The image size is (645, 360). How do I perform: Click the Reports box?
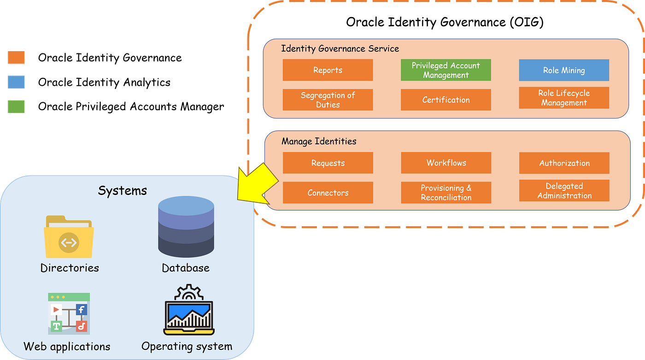point(328,70)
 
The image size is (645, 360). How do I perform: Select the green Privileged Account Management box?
point(446,70)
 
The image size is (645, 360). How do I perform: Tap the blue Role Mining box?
point(564,70)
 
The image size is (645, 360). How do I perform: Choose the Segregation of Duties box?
point(328,100)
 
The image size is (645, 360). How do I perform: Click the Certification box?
point(446,100)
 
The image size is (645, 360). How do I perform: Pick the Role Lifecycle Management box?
point(564,98)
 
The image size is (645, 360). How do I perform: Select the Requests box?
point(328,163)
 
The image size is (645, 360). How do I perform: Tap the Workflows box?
point(446,163)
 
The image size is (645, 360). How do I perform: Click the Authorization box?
point(564,163)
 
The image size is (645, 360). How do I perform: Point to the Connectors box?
point(328,192)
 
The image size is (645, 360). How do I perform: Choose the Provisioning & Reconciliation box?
point(446,192)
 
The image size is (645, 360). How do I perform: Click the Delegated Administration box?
point(564,191)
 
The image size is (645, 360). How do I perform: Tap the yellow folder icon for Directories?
point(69,237)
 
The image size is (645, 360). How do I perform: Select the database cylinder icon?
point(186,227)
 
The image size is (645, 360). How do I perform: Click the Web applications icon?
point(69,313)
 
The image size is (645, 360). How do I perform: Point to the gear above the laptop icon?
point(188,292)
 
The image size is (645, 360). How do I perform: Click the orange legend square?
point(16,57)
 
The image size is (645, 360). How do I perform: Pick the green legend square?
point(16,106)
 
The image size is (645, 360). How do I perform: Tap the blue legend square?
point(16,82)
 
